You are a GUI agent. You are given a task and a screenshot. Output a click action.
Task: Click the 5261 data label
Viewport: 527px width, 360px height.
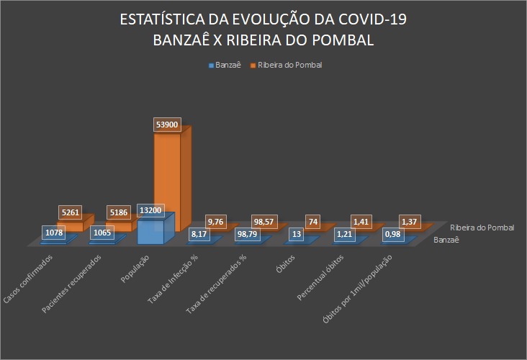tap(71, 212)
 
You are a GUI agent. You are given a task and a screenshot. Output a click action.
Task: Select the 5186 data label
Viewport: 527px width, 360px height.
tap(120, 212)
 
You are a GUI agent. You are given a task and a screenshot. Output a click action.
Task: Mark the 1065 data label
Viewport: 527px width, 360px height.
tap(103, 233)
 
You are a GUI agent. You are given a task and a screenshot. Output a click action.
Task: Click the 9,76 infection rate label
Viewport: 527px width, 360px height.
tap(217, 221)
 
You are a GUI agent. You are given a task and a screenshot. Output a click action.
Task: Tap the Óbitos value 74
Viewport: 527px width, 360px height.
tap(314, 222)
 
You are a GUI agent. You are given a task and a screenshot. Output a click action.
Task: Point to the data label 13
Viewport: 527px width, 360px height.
tap(297, 234)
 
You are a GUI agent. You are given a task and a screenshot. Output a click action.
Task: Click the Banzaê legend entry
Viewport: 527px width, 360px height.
tap(224, 65)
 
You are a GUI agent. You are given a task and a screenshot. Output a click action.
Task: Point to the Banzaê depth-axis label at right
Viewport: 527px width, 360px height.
tap(446, 240)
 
